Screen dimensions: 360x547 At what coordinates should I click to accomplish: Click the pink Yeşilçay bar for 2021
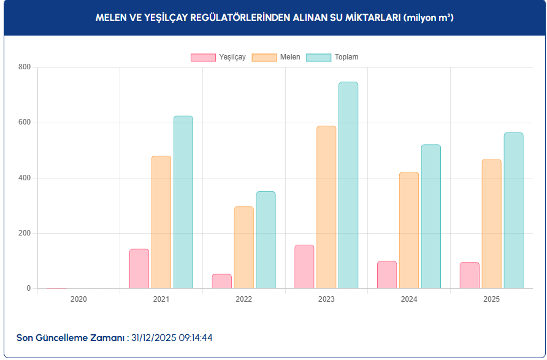(139, 269)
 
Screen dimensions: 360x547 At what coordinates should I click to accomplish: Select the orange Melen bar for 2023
(326, 207)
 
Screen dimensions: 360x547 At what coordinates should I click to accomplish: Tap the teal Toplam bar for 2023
(348, 185)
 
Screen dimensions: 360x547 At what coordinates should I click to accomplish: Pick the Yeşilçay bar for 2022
(222, 281)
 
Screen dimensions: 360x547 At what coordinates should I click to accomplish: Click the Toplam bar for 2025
(513, 210)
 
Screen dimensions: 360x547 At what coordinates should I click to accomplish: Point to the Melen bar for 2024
(409, 230)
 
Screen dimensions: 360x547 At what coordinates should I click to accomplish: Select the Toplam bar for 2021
(183, 202)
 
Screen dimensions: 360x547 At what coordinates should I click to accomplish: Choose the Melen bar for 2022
(243, 247)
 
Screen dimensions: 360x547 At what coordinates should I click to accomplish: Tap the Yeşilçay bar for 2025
(470, 275)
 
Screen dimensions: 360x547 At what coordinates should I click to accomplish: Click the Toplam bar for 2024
(431, 216)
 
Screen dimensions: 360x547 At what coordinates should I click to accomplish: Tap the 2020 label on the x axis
(78, 299)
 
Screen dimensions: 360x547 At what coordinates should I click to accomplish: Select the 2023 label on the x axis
(326, 299)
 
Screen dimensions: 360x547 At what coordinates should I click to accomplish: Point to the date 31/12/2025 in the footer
(153, 338)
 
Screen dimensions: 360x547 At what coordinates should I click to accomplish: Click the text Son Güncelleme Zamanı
(71, 338)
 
